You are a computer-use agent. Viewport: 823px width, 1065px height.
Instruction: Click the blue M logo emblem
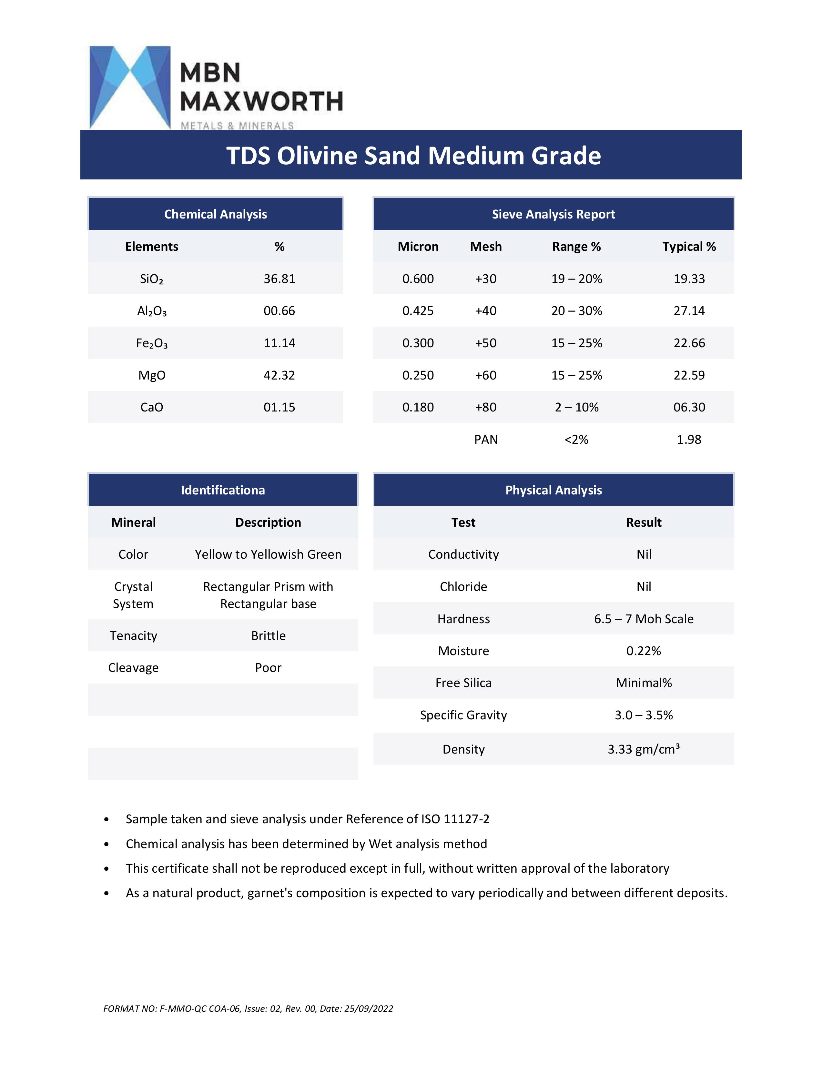pyautogui.click(x=130, y=87)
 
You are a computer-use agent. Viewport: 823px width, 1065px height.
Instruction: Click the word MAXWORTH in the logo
pyautogui.click(x=261, y=101)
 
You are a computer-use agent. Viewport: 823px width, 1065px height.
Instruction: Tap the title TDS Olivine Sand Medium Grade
pyautogui.click(x=413, y=156)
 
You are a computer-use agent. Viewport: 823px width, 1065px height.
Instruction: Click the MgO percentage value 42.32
pyautogui.click(x=279, y=375)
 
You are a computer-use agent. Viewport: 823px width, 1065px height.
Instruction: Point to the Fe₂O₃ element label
pyautogui.click(x=152, y=343)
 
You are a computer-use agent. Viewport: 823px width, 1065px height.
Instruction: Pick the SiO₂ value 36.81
pyautogui.click(x=279, y=279)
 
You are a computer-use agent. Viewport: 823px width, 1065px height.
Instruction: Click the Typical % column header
pyautogui.click(x=689, y=247)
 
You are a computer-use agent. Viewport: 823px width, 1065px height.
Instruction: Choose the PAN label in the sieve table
pyautogui.click(x=486, y=439)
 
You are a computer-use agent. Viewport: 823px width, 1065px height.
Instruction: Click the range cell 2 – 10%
pyautogui.click(x=576, y=407)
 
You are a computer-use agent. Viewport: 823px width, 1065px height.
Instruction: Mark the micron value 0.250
pyautogui.click(x=418, y=375)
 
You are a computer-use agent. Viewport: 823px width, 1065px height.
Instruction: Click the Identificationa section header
pyautogui.click(x=223, y=490)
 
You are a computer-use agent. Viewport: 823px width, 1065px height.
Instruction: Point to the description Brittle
pyautogui.click(x=268, y=635)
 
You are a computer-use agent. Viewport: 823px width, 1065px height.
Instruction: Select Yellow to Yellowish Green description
pyautogui.click(x=268, y=554)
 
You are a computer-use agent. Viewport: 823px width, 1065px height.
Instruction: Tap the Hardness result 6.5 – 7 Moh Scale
pyautogui.click(x=644, y=619)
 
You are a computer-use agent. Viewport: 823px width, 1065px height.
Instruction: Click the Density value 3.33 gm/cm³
pyautogui.click(x=644, y=749)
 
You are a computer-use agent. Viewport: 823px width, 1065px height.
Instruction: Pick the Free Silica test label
pyautogui.click(x=463, y=683)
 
